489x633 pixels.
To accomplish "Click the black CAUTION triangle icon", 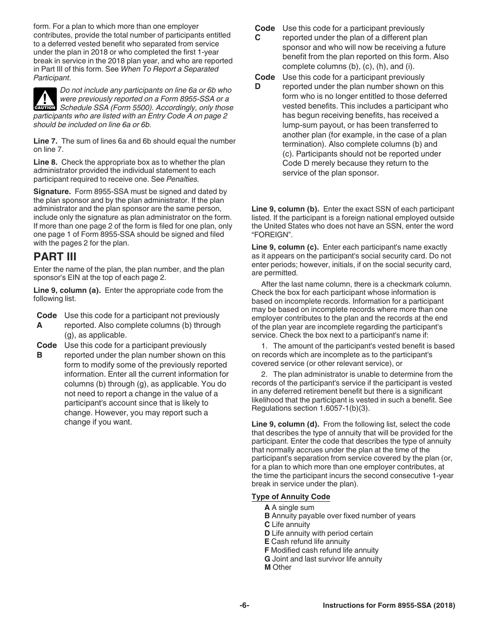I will [x=45, y=99].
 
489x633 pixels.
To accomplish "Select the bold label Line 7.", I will [x=45, y=141].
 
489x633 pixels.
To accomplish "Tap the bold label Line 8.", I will [x=45, y=162].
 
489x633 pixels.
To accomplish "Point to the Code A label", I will [x=47, y=320].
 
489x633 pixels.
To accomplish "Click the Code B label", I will [x=47, y=350].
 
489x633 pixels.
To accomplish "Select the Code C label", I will [x=265, y=33].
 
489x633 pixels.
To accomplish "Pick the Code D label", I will [x=265, y=81].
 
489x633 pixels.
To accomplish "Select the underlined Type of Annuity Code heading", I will [x=291, y=497].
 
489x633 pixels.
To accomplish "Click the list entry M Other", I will [x=278, y=567].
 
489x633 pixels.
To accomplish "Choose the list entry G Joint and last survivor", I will [x=323, y=559].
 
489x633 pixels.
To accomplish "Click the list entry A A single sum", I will [x=289, y=507].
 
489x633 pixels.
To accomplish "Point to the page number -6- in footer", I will [x=244, y=606].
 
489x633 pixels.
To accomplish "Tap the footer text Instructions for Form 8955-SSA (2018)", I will [x=389, y=606].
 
